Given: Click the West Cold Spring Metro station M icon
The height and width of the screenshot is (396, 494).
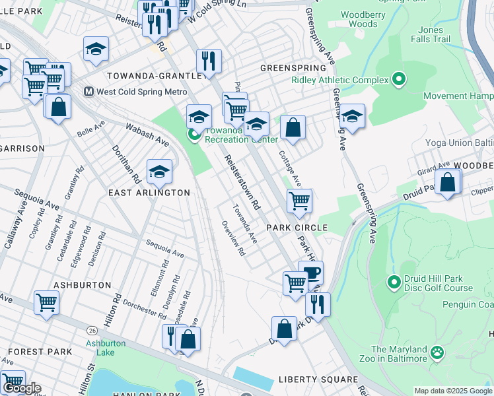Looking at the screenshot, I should coord(88,92).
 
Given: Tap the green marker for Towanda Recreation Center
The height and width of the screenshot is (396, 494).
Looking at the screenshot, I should coord(194,135).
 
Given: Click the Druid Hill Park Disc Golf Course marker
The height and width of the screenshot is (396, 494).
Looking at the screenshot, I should coord(394,282).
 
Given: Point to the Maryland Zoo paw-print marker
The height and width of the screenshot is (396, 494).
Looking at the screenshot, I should coord(437,354).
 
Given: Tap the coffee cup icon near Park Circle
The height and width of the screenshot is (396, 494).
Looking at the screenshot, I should coord(310,272).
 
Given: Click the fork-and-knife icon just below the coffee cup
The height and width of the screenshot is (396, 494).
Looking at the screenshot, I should coord(318,304).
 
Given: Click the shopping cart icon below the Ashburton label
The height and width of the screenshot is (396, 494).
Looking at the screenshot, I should coord(46,303).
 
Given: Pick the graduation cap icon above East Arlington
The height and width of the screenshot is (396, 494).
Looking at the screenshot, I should coord(159,172).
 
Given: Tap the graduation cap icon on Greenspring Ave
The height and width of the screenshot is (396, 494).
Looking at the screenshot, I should coord(352,116).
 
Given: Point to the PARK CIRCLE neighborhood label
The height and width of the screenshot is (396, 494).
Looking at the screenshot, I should coord(297,228).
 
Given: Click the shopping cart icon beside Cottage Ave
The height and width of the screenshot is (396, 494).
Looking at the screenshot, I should coord(299,201).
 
